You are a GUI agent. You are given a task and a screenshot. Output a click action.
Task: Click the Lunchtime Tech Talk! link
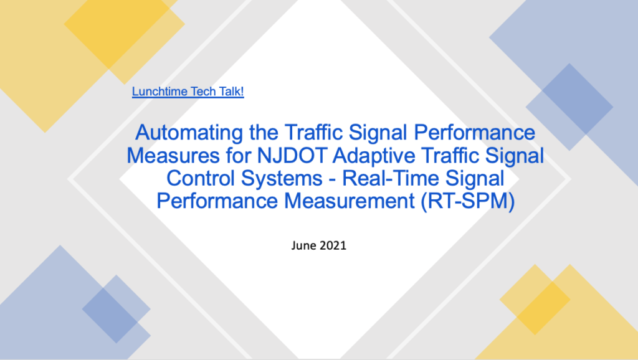[x=188, y=92]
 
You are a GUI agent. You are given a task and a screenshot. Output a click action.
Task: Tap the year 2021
[x=333, y=245]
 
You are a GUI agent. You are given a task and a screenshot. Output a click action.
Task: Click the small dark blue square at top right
[x=569, y=98]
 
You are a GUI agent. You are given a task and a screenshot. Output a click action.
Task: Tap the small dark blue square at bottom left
[x=108, y=309]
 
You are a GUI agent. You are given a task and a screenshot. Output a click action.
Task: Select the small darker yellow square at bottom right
[x=534, y=300]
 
